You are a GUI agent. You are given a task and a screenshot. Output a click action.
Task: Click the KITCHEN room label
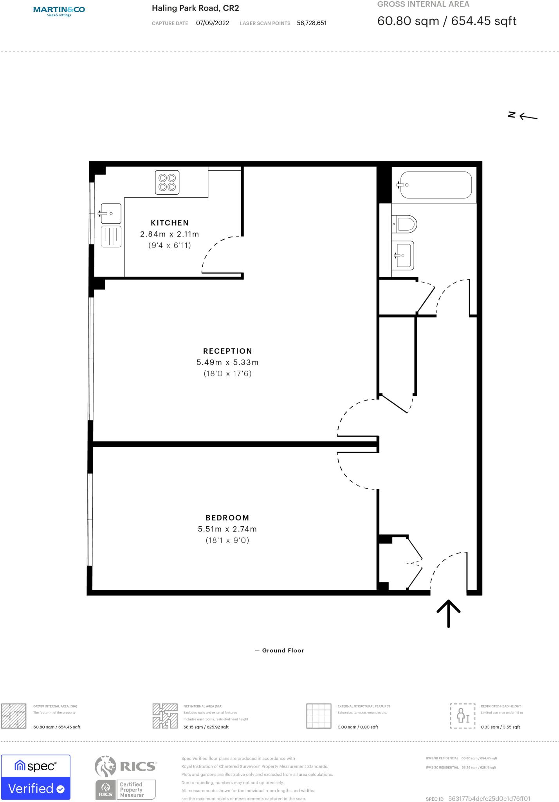pyautogui.click(x=170, y=223)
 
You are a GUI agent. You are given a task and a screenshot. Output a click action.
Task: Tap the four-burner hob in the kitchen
pyautogui.click(x=167, y=182)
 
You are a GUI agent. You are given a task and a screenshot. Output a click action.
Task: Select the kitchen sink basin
pyautogui.click(x=111, y=213)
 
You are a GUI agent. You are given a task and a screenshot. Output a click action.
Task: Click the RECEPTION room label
pyautogui.click(x=227, y=351)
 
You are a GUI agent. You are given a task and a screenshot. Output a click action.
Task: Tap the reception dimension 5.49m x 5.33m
pyautogui.click(x=227, y=363)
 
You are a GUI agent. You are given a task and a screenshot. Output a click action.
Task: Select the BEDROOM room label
pyautogui.click(x=227, y=518)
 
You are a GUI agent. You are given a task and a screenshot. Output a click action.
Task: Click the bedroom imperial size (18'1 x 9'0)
pyautogui.click(x=227, y=540)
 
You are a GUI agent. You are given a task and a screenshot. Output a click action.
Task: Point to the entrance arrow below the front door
pyautogui.click(x=448, y=613)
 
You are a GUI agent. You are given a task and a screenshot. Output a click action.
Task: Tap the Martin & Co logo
pyautogui.click(x=59, y=11)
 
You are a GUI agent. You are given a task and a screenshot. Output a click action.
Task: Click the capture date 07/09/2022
pyautogui.click(x=212, y=23)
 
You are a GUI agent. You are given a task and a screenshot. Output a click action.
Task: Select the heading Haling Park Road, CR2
pyautogui.click(x=195, y=8)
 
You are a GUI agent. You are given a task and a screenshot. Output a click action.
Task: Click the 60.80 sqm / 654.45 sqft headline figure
pyautogui.click(x=447, y=21)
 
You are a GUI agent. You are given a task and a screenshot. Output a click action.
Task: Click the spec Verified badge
pyautogui.click(x=36, y=777)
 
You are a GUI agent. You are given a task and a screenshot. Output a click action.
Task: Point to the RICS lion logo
pyautogui.click(x=106, y=766)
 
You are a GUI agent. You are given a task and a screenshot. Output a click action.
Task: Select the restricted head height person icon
pyautogui.click(x=462, y=716)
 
